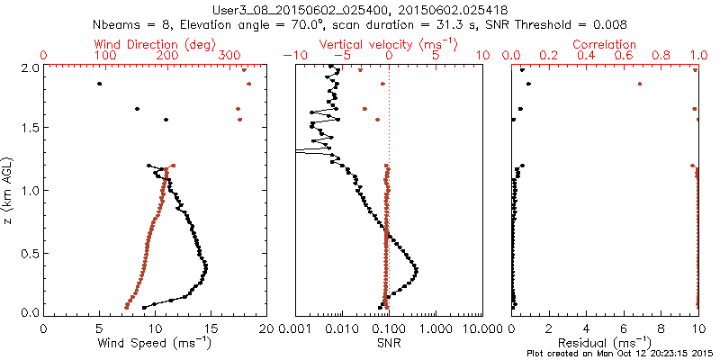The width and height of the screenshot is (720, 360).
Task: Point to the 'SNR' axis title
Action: (389, 343)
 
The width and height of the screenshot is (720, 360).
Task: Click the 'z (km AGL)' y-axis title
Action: (8, 192)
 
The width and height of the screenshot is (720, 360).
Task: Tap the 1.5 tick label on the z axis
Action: (29, 128)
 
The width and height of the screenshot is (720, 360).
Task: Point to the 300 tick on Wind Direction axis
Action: (229, 56)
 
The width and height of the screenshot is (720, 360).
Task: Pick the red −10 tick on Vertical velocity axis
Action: (291, 56)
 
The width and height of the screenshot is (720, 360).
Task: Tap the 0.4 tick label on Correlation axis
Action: (587, 56)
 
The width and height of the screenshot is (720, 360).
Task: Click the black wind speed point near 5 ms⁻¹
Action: (99, 84)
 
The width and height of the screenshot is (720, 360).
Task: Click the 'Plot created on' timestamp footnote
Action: (622, 354)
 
